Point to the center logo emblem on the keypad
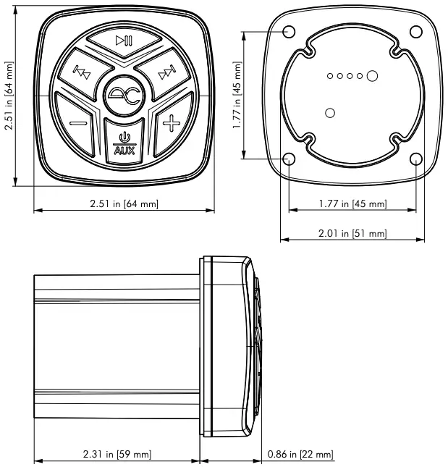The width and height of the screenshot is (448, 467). click(x=124, y=93)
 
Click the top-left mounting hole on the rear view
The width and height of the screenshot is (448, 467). click(x=289, y=32)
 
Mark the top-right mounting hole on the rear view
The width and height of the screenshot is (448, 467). click(x=415, y=32)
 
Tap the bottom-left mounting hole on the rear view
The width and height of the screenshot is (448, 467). click(x=289, y=159)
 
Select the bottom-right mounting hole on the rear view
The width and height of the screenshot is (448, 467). click(x=415, y=159)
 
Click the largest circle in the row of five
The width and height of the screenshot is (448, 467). click(x=372, y=75)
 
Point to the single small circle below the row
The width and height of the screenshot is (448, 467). click(x=330, y=112)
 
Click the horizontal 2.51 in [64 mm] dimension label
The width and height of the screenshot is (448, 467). click(x=124, y=203)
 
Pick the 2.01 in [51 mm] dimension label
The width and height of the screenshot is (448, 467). click(x=352, y=232)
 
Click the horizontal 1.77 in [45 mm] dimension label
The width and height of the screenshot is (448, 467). click(x=352, y=203)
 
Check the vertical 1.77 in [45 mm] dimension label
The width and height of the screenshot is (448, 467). click(x=237, y=96)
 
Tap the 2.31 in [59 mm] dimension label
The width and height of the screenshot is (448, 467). click(x=117, y=454)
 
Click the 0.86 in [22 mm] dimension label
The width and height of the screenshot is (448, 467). click(x=300, y=454)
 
